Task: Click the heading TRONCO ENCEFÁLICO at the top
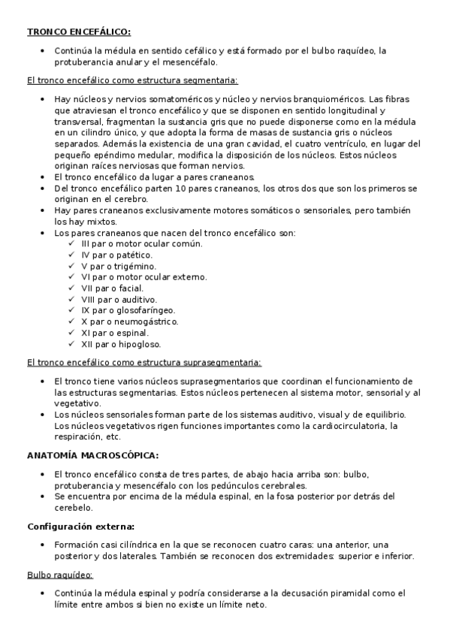(79, 32)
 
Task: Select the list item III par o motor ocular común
(131, 243)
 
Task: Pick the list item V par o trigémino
(119, 266)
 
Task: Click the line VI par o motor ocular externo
(143, 276)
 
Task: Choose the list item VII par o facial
(112, 288)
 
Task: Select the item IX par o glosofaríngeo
(128, 309)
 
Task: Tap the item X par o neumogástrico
(130, 321)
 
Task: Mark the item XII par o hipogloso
(121, 343)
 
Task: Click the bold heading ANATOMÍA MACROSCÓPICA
(92, 455)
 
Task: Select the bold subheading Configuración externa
(80, 527)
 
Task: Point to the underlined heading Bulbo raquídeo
(59, 575)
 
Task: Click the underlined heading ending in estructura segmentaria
(132, 79)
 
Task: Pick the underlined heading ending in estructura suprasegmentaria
(143, 362)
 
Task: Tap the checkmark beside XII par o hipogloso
(71, 343)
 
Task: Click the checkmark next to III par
(71, 243)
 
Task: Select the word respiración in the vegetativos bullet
(78, 436)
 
